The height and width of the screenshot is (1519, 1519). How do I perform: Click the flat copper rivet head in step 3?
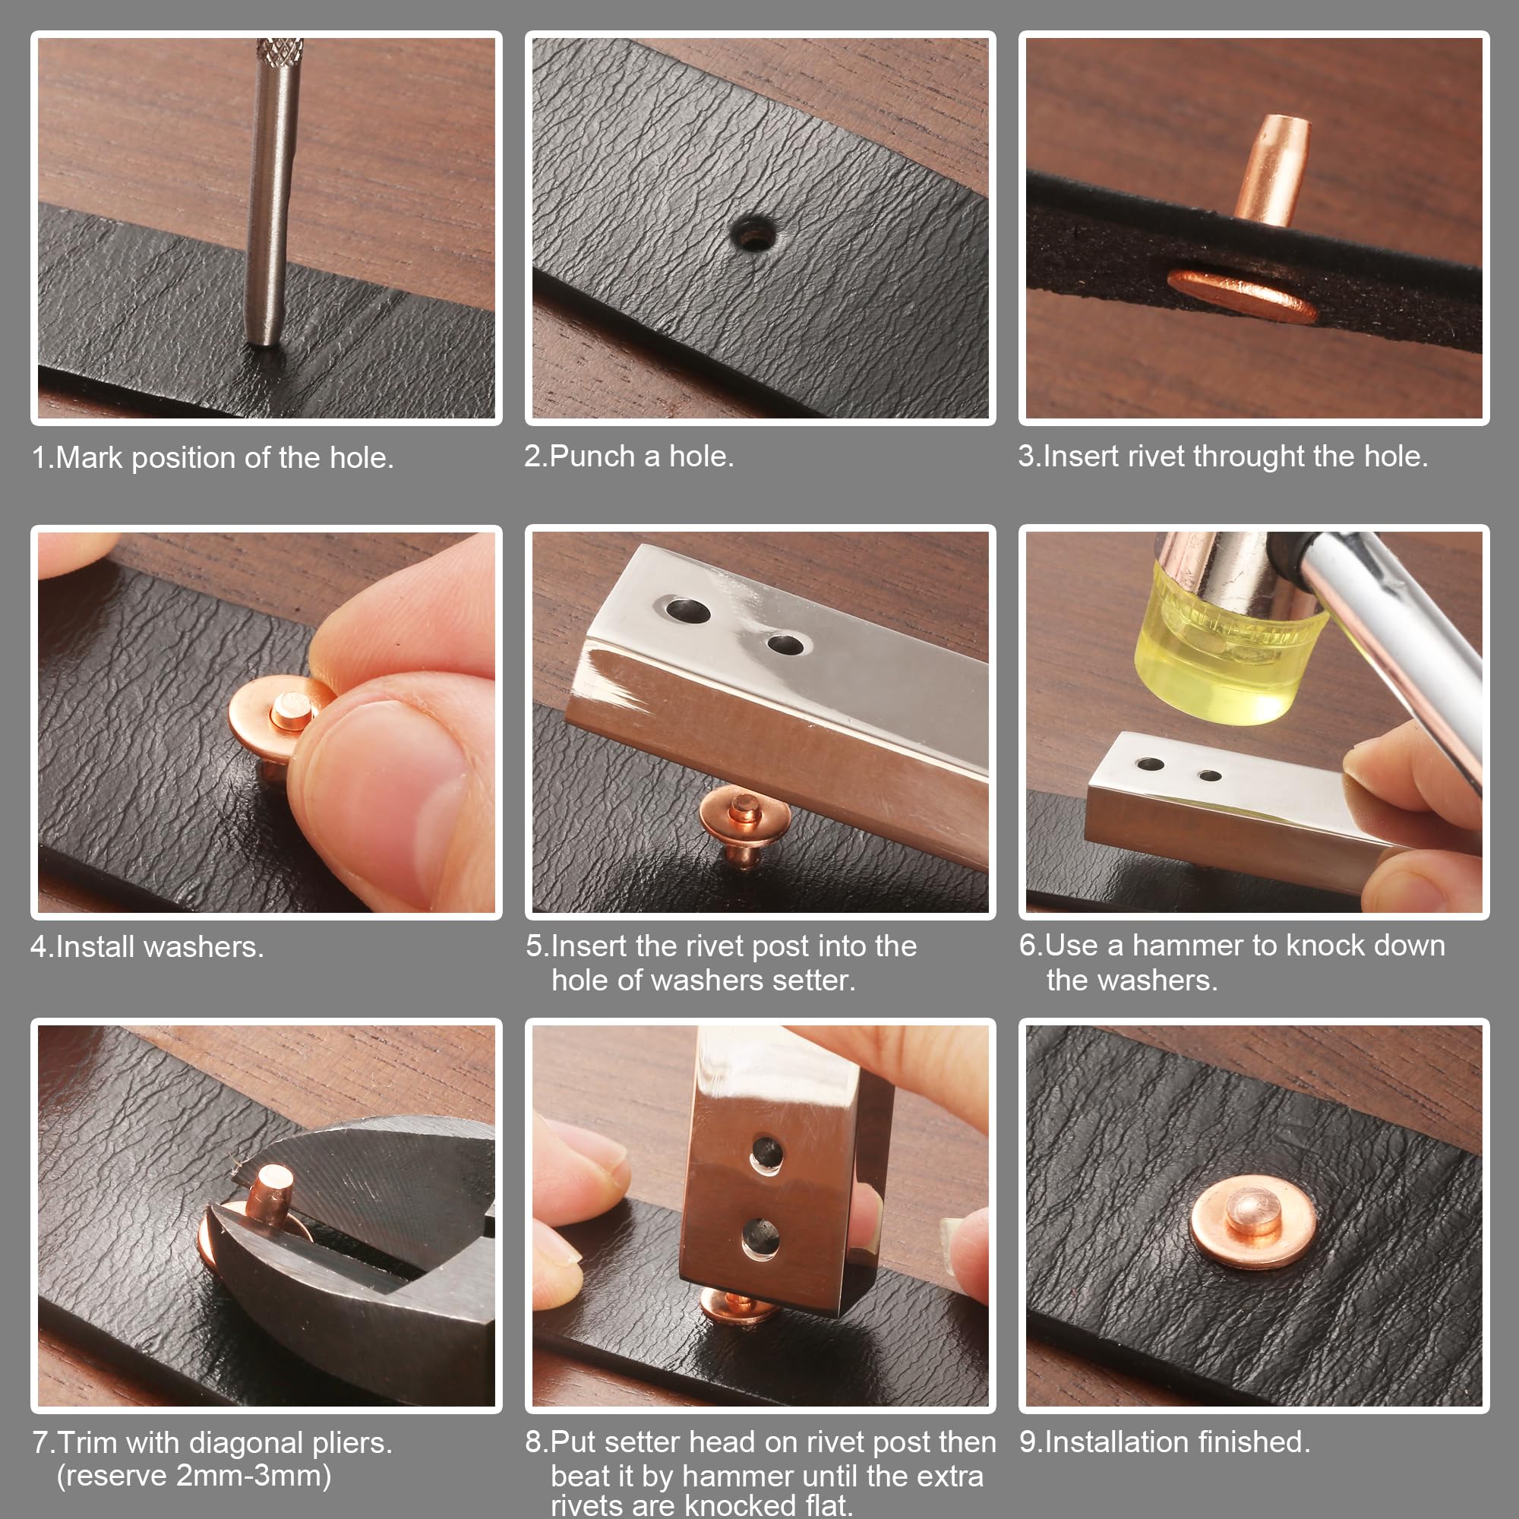(1242, 295)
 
